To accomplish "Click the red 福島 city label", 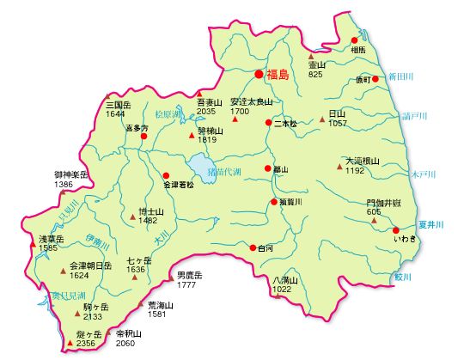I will coord(278,76).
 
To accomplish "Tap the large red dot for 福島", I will coord(259,74).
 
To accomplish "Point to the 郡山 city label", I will coord(280,170).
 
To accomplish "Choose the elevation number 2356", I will coord(86,344).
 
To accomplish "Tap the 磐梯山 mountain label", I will coord(210,131).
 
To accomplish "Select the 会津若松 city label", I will coord(178,184).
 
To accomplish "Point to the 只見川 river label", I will coord(44,207).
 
